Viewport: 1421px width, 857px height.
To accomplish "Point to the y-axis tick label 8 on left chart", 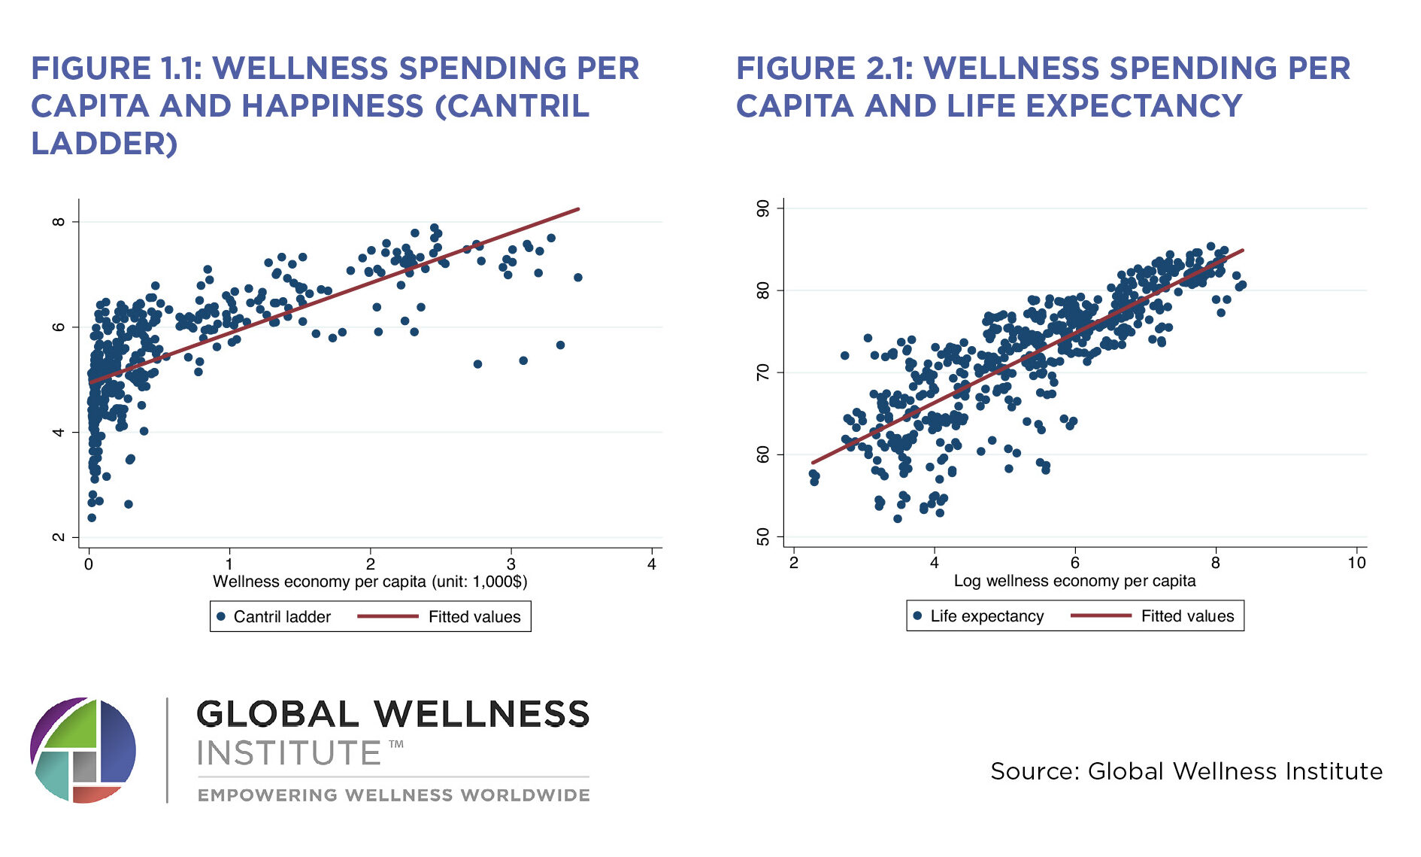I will [58, 222].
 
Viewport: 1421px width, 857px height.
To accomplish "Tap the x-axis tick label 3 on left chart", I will [511, 564].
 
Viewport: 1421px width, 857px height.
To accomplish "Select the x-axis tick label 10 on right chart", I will [1356, 563].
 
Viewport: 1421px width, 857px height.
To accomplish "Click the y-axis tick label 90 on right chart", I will [763, 208].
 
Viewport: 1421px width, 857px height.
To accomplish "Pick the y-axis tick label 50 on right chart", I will [763, 536].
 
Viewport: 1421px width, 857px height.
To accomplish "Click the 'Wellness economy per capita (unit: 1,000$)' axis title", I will [370, 582].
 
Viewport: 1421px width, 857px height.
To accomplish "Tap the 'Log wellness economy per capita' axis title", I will [1074, 581].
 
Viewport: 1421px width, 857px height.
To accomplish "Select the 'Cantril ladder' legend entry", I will [282, 617].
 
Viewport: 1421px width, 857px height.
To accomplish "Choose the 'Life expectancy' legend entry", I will [986, 616].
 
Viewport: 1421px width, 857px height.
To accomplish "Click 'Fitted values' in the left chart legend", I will [474, 617].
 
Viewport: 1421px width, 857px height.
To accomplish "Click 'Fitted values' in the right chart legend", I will [1187, 616].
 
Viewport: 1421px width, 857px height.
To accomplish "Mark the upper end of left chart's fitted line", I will [578, 208].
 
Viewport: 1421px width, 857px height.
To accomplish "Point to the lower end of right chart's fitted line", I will [813, 463].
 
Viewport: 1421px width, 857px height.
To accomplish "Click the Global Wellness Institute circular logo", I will [83, 750].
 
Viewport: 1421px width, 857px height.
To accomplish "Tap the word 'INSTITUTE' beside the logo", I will [289, 753].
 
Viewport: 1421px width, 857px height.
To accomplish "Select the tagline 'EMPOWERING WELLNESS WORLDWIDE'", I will [393, 795].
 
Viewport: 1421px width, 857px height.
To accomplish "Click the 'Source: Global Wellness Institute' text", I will [1186, 771].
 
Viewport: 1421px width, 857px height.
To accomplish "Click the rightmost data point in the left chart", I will [577, 278].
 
